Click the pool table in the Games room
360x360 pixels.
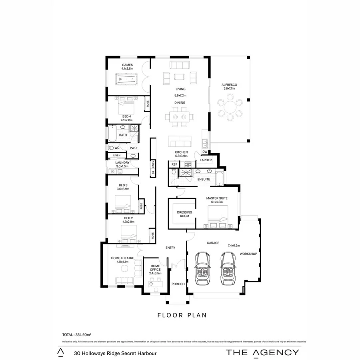[x=126, y=80]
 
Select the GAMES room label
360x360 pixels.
[x=127, y=65]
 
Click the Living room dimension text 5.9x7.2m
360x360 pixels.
[x=181, y=96]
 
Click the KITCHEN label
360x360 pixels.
[x=181, y=152]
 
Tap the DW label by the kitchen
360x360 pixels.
[x=205, y=152]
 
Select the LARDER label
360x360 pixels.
[x=206, y=160]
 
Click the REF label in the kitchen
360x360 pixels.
[x=174, y=164]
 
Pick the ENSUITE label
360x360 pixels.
[x=204, y=179]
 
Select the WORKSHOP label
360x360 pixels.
[x=248, y=254]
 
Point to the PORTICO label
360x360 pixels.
[x=178, y=284]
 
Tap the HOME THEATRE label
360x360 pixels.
[x=122, y=258]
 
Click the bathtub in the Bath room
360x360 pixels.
[x=112, y=135]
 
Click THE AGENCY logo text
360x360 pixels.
[x=262, y=352]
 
